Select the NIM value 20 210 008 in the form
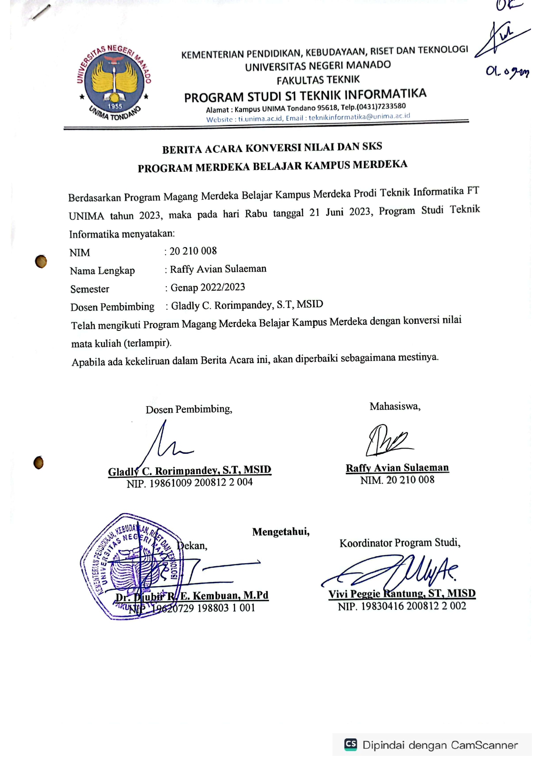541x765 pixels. pyautogui.click(x=193, y=251)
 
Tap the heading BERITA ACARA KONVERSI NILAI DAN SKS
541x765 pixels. pyautogui.click(x=272, y=148)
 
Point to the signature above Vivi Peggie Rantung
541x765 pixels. pyautogui.click(x=393, y=571)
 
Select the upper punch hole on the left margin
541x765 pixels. pyautogui.click(x=41, y=262)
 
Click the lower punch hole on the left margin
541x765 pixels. pyautogui.click(x=38, y=462)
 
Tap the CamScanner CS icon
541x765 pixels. pyautogui.click(x=351, y=744)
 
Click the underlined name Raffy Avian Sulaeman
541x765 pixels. pyautogui.click(x=397, y=468)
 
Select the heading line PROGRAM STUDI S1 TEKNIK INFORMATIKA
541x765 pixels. pyautogui.click(x=305, y=95)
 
